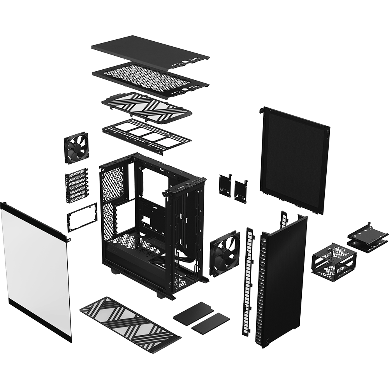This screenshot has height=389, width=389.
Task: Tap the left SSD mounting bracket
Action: click(225, 184)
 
